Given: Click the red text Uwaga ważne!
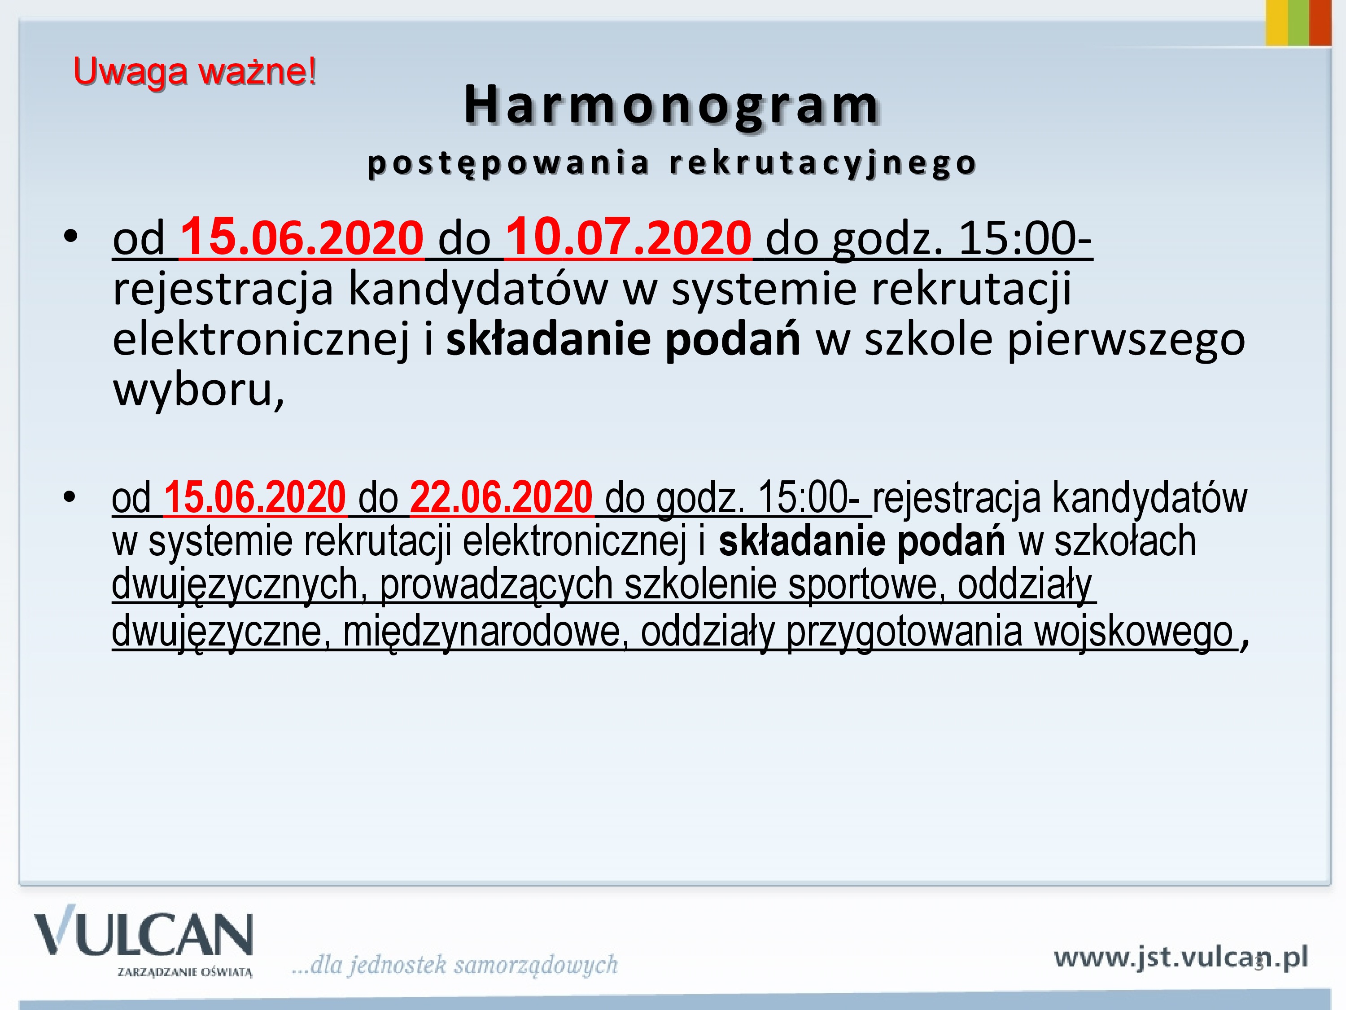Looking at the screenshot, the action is [195, 72].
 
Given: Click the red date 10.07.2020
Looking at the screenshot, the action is [629, 237].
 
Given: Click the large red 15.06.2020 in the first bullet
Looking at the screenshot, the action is [302, 237].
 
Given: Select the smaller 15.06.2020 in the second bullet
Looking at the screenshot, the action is [255, 497].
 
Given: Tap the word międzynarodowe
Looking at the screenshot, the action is [485, 631].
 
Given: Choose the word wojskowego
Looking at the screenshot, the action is [1134, 631].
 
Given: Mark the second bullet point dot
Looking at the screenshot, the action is [70, 497].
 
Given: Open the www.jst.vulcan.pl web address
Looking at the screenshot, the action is [1180, 957].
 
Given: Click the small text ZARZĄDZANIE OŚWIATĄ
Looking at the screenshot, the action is [185, 972].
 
